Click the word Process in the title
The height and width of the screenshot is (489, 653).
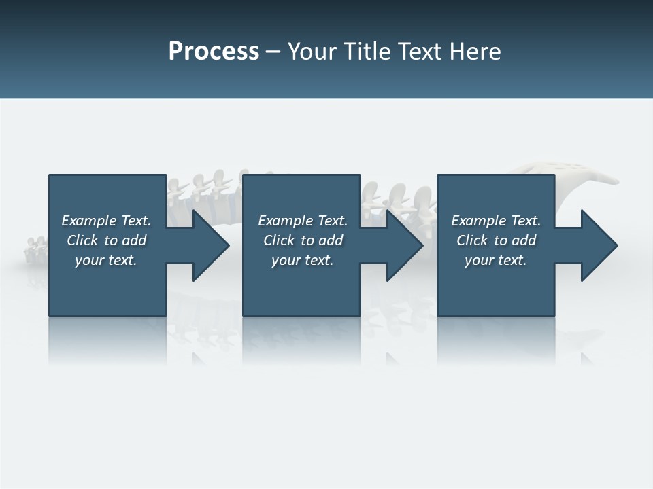214,52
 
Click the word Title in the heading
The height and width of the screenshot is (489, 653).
368,52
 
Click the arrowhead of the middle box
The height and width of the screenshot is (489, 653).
403,245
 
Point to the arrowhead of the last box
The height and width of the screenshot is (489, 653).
598,245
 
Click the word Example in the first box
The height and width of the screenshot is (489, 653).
89,221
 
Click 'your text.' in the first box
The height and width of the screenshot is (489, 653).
106,260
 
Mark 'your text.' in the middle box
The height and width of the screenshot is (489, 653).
303,260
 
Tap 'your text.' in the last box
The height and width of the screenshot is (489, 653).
496,260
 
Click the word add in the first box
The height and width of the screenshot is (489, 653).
135,240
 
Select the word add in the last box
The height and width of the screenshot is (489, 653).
524,240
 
